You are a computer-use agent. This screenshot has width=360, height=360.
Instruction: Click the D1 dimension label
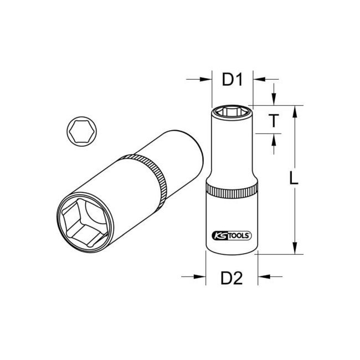click(233, 81)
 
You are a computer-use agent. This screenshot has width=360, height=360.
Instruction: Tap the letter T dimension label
click(274, 120)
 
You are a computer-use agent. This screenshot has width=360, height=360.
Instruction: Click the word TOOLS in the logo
click(239, 234)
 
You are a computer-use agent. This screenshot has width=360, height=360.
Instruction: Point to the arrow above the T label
click(274, 99)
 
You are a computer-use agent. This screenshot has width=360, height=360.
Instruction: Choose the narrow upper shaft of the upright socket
click(232, 150)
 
